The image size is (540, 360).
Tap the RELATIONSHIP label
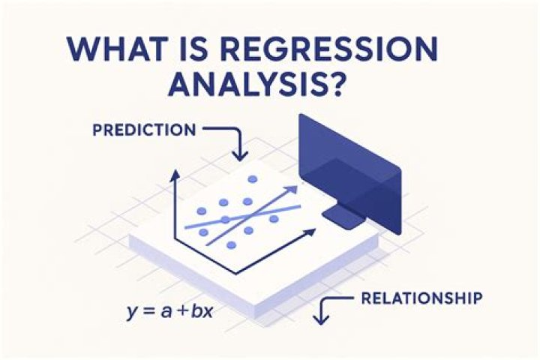click(421, 298)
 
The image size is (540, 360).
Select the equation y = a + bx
click(170, 309)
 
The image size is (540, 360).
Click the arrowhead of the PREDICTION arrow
click(240, 157)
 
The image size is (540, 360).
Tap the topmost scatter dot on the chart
click(252, 179)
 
